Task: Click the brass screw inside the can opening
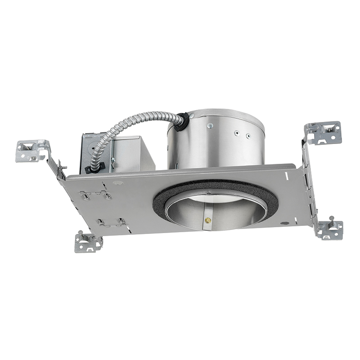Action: coord(207,220)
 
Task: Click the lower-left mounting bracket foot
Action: coord(88,243)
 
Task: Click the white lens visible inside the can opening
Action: coord(211,198)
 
